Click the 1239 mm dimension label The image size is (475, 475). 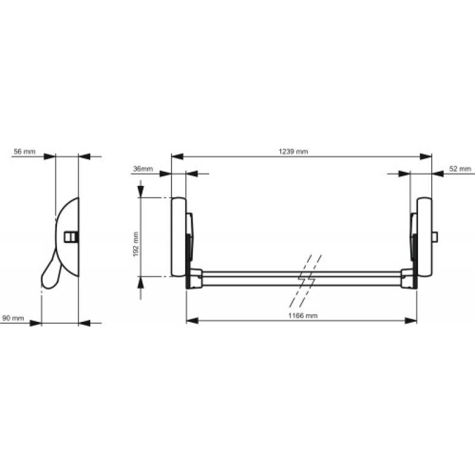pos(293,151)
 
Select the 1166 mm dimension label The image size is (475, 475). pos(303,316)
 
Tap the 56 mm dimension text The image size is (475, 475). pos(24,151)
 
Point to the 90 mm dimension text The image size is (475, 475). pos(13,318)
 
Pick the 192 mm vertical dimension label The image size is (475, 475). pos(136,244)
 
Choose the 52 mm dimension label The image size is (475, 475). pos(460,169)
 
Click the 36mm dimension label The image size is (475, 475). pos(143,169)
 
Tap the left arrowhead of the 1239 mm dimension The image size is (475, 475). pos(178,157)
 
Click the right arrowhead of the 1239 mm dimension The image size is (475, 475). pos(426,157)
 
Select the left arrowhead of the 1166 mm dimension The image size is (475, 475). pos(192,321)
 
